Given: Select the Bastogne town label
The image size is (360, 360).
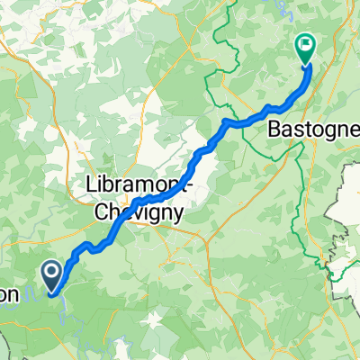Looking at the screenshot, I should coord(310,130).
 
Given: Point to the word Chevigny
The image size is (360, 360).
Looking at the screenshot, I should coord(140,212).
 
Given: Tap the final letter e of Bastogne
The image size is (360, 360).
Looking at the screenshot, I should coord(352,131).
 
